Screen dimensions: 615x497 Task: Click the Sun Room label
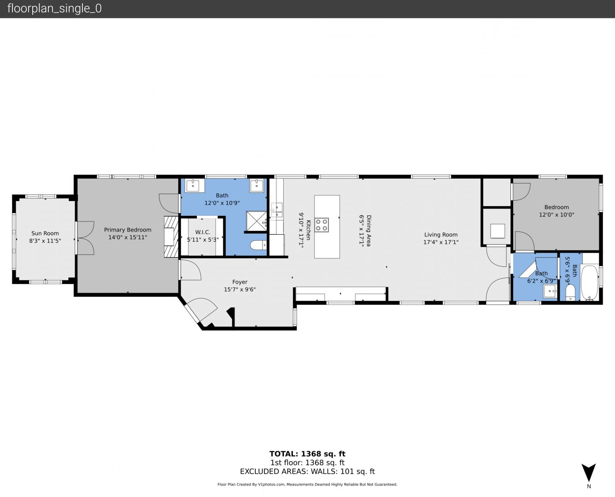coord(45,233)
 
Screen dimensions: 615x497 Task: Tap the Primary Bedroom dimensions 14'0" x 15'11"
coord(128,237)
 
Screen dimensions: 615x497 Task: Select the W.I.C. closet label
coord(203,232)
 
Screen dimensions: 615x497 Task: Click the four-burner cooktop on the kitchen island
coord(322,225)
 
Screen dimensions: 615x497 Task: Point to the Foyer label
coord(240,282)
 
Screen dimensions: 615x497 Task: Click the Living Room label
coord(441,235)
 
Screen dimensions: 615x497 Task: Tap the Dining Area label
coord(369,231)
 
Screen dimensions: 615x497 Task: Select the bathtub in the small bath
coord(590,283)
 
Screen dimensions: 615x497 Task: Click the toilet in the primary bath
coord(258,245)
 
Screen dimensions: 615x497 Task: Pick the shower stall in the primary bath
coord(257,221)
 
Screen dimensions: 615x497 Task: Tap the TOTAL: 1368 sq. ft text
coord(308,454)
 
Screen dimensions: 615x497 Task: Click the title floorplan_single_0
coord(54,9)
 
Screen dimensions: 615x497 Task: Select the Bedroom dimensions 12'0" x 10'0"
coord(556,215)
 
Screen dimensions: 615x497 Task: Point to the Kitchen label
coord(308,230)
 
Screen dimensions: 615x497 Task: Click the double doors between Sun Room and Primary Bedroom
coord(85,238)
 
